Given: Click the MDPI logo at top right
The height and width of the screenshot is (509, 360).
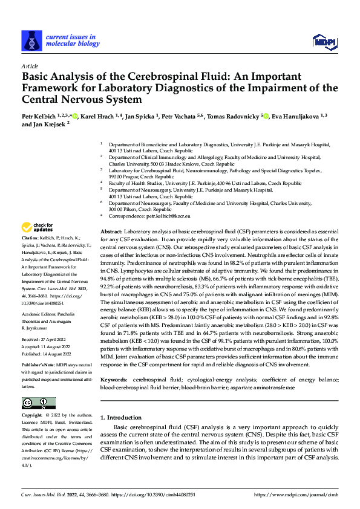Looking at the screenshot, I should tap(324, 41).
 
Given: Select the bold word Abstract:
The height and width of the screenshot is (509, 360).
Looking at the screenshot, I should tap(111, 232).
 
